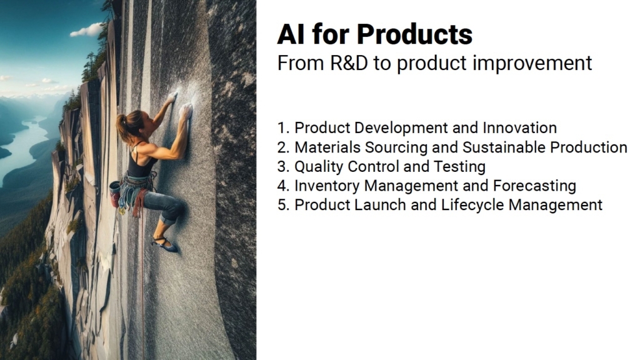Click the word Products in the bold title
coord(414,34)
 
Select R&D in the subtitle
coord(349,63)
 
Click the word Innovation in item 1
coord(519,127)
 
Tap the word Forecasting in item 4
coord(535,186)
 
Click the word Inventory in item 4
coord(327,186)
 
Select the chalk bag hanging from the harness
coord(115,192)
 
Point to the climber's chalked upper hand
coord(173,97)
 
